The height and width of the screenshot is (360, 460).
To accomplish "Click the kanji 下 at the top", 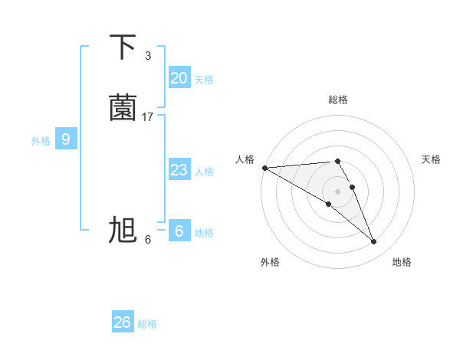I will [x=123, y=47].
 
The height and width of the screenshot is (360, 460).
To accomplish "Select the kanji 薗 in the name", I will [x=123, y=106].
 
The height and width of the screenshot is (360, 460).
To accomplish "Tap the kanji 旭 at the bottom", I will [x=123, y=230].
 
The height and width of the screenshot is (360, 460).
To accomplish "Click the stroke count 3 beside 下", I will [x=148, y=56].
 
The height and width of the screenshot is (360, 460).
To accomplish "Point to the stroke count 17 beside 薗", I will [x=148, y=117].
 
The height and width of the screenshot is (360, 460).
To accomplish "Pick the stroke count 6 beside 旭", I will [x=148, y=240].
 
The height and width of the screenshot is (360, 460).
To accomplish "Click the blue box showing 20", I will [x=179, y=78].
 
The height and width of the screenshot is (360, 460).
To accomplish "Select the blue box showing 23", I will [x=179, y=170].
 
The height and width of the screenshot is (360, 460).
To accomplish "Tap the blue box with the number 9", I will [x=66, y=139].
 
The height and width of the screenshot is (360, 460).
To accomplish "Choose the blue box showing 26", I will [x=122, y=322].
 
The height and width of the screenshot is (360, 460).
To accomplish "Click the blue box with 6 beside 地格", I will [x=179, y=231].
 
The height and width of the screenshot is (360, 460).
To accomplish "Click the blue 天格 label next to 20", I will [x=204, y=80].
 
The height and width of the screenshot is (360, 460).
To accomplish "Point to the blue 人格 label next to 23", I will [x=204, y=172].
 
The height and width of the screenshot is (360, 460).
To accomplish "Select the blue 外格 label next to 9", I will [x=41, y=141].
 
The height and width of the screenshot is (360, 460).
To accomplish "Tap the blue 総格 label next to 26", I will [x=147, y=324].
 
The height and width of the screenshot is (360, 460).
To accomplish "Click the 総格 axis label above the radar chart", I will [x=338, y=100].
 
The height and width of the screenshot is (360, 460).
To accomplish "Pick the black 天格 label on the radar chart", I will [x=432, y=159].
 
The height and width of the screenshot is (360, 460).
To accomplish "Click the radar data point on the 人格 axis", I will [x=264, y=168].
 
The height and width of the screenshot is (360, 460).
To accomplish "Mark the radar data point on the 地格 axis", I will [x=374, y=242].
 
